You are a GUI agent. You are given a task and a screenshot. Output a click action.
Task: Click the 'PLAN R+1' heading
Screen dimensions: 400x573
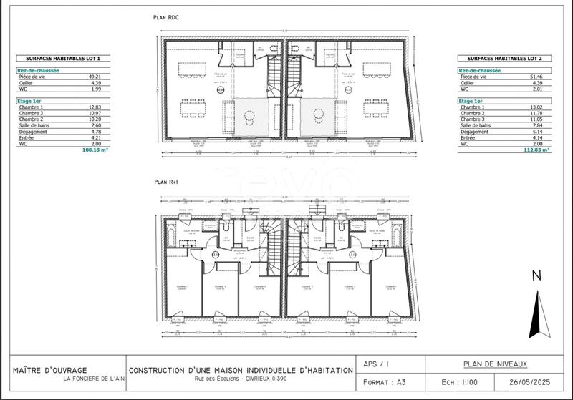[x=167, y=183]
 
